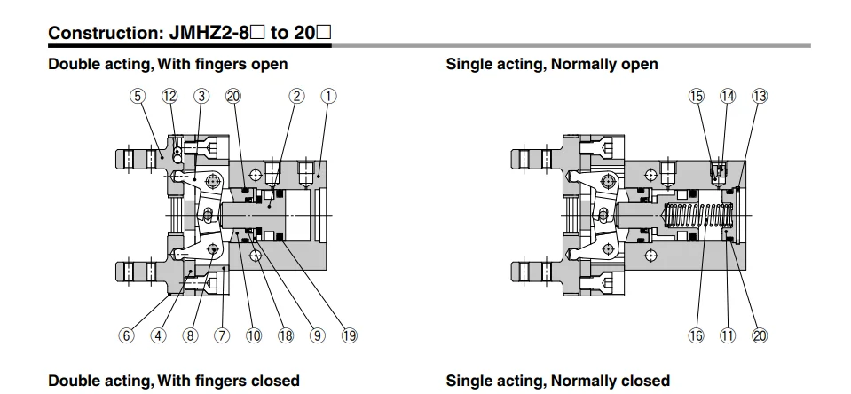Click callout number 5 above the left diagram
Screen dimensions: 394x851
point(138,96)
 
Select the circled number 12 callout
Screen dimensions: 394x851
point(169,96)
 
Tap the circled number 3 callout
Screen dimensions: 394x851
point(201,96)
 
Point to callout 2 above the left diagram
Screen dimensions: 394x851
point(297,96)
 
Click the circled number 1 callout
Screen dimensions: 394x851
point(328,96)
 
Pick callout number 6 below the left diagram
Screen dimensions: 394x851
point(126,335)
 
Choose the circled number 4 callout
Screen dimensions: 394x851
point(158,335)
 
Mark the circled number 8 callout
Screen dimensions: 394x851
point(190,335)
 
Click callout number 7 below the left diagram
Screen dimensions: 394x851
point(222,335)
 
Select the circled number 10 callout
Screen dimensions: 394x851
point(254,335)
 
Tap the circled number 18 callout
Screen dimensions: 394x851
point(286,335)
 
